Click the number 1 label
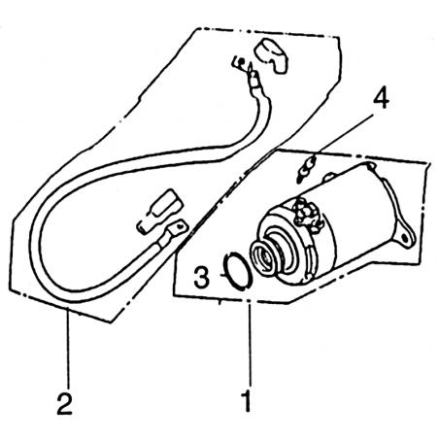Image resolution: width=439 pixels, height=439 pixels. [248, 401]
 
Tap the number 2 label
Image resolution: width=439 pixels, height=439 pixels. [64, 403]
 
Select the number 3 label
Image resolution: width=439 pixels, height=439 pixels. [201, 278]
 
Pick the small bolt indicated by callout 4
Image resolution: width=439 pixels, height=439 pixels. [306, 168]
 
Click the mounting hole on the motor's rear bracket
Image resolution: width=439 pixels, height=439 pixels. [405, 239]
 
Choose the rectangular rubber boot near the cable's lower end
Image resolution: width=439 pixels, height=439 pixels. [159, 212]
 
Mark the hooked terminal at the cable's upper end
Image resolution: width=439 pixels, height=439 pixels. [241, 62]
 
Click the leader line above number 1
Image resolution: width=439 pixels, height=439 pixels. [249, 343]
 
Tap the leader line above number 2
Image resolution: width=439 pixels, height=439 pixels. [68, 348]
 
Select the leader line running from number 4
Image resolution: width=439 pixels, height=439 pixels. [344, 133]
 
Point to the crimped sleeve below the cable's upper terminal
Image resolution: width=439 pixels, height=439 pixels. [255, 81]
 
